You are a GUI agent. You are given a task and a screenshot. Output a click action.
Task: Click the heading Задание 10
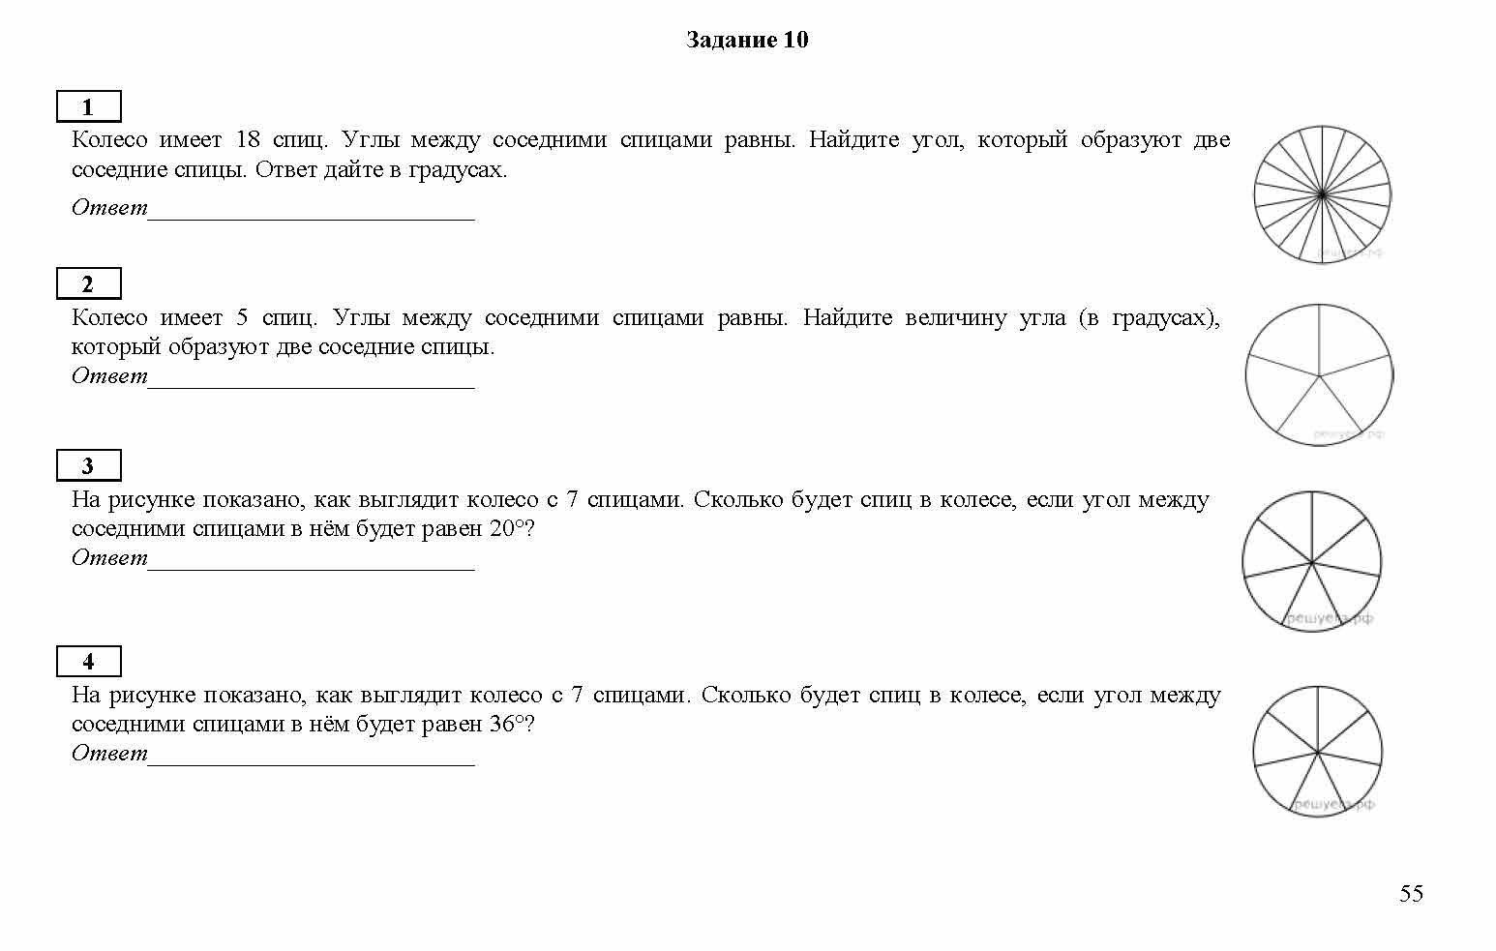(x=746, y=40)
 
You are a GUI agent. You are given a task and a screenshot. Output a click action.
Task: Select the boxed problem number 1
(x=88, y=106)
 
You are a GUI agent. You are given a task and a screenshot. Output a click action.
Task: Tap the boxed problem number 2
(x=88, y=284)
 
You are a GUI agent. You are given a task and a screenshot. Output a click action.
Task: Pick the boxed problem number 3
(x=88, y=466)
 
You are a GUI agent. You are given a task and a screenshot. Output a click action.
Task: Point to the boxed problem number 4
(x=88, y=662)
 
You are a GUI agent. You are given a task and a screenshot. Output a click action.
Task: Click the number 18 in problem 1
(x=248, y=139)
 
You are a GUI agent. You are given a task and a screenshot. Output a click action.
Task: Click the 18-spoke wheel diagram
(x=1322, y=194)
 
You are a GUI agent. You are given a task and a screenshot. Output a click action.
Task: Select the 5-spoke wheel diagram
(x=1319, y=374)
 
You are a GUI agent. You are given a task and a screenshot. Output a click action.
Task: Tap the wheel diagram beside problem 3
(x=1312, y=561)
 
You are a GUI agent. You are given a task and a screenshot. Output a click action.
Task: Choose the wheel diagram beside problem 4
(x=1317, y=752)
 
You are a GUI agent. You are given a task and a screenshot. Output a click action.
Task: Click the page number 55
(x=1411, y=893)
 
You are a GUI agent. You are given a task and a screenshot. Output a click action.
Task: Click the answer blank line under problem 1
(x=311, y=217)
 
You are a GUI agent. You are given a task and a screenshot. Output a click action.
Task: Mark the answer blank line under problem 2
(x=311, y=385)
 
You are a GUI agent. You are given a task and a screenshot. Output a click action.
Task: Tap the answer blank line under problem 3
(x=311, y=567)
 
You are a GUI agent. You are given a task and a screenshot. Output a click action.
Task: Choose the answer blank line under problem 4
(x=311, y=762)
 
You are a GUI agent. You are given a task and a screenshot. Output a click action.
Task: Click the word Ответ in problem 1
(x=109, y=207)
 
